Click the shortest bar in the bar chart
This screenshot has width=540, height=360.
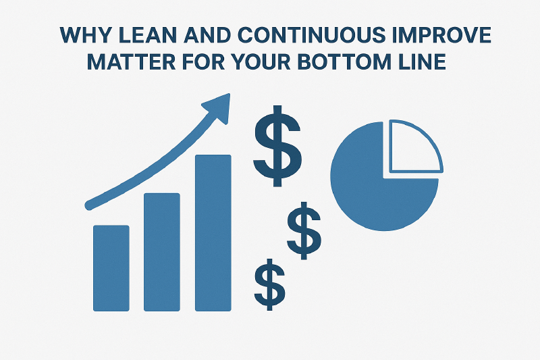(111, 267)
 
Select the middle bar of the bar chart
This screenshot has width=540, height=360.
(162, 252)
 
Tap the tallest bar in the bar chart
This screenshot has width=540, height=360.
(213, 233)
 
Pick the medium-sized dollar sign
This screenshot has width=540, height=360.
(304, 230)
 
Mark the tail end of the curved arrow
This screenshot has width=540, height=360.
(88, 203)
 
